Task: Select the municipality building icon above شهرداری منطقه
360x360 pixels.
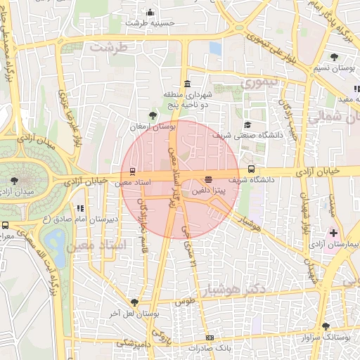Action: (186, 85)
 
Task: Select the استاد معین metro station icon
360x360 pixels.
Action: (133, 171)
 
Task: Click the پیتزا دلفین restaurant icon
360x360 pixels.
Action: (207, 180)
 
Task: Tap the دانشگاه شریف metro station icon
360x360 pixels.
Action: (252, 169)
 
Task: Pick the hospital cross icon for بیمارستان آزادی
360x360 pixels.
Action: (333, 232)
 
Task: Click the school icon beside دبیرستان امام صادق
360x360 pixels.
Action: (80, 208)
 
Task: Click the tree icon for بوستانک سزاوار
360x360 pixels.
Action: (325, 326)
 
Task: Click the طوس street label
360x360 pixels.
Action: (185, 302)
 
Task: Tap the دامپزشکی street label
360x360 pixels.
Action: (133, 342)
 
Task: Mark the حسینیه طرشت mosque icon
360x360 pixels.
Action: (150, 12)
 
